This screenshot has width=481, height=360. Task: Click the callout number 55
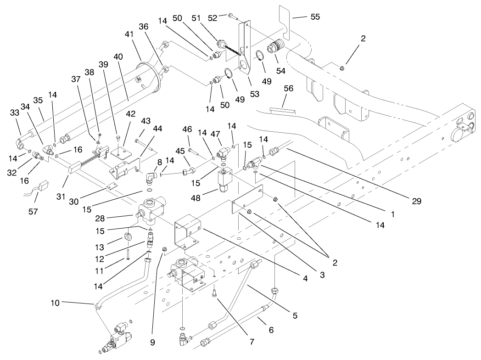315,17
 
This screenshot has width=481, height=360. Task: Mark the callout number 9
152,342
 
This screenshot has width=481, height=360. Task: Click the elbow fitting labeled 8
151,176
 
